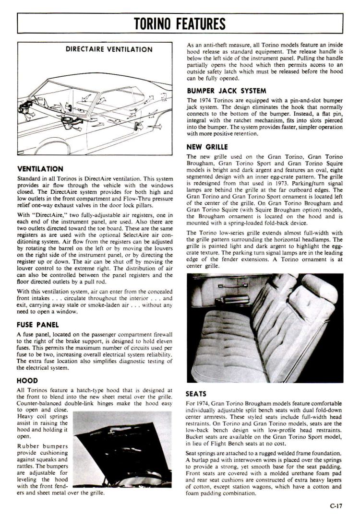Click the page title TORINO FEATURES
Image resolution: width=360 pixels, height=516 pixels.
coord(180,23)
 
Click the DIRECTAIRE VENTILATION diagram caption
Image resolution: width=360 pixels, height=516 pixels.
coord(109,49)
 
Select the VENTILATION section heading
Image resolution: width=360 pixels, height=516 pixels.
coord(40,169)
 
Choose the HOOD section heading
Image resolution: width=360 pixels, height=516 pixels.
coord(27,381)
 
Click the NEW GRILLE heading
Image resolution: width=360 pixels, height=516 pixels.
coord(207,147)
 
